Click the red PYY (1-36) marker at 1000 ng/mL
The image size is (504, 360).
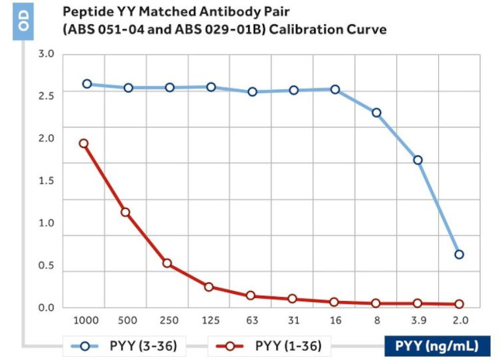[x=84, y=144]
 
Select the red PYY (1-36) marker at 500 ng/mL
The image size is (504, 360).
[x=126, y=212]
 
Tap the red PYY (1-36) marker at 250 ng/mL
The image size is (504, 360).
[x=167, y=263]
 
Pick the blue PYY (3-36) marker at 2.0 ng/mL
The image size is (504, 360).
[x=459, y=254]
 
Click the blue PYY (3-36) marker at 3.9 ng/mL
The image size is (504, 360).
[x=418, y=160]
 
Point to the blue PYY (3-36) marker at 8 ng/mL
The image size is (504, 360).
[x=376, y=112]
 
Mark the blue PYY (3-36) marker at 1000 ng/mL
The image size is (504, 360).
[x=87, y=84]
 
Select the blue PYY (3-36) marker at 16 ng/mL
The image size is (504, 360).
[x=335, y=89]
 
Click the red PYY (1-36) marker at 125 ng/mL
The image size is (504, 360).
[x=209, y=287]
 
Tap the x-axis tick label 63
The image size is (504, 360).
[x=250, y=320]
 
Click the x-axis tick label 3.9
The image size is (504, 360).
[x=418, y=320]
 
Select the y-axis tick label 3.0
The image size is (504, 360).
[x=47, y=54]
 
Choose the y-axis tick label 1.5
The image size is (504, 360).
[x=47, y=181]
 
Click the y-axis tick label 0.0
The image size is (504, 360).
[x=47, y=308]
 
